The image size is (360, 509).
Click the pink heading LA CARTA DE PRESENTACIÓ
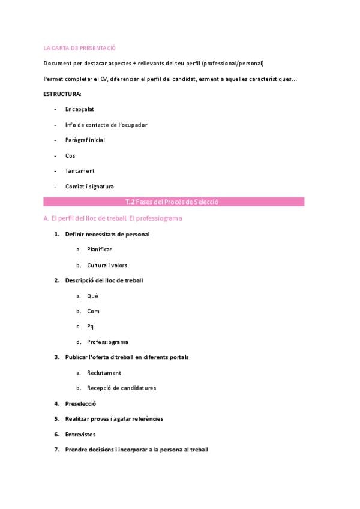pyautogui.click(x=79, y=47)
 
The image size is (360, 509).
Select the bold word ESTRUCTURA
pyautogui.click(x=62, y=94)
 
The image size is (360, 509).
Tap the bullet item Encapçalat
pyautogui.click(x=79, y=109)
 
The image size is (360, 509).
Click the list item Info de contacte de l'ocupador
pyautogui.click(x=106, y=125)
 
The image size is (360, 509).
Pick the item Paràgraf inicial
pyautogui.click(x=85, y=140)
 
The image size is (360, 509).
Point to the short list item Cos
pyautogui.click(x=70, y=155)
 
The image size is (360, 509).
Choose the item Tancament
pyautogui.click(x=80, y=171)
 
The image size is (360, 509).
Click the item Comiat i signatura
pyautogui.click(x=89, y=186)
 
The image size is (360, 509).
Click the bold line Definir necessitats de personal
pyautogui.click(x=107, y=234)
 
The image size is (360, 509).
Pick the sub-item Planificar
pyautogui.click(x=99, y=250)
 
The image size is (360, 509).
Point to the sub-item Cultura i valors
pyautogui.click(x=107, y=265)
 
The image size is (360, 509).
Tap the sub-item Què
pyautogui.click(x=92, y=296)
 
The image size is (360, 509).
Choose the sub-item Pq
pyautogui.click(x=91, y=327)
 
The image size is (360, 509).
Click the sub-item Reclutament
pyautogui.click(x=104, y=373)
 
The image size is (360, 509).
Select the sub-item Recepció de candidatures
pyautogui.click(x=121, y=388)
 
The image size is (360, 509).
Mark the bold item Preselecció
pyautogui.click(x=80, y=403)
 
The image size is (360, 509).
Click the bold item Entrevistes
pyautogui.click(x=80, y=434)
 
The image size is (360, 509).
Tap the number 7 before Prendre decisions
pyautogui.click(x=56, y=450)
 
